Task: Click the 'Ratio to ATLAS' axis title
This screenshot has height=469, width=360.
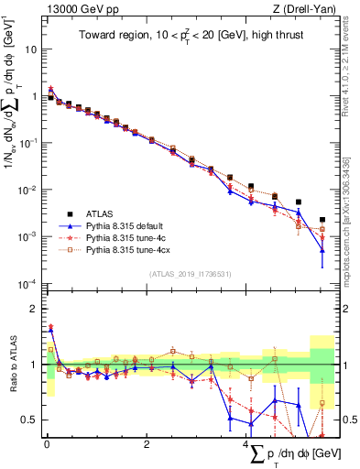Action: point(11,365)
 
